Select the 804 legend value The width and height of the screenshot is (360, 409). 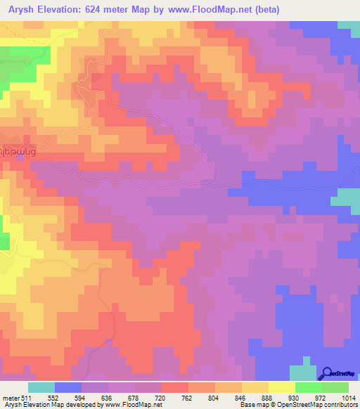click(x=233, y=397)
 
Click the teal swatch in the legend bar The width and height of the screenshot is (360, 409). click(x=41, y=387)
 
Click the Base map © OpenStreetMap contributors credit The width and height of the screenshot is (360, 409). click(x=299, y=405)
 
